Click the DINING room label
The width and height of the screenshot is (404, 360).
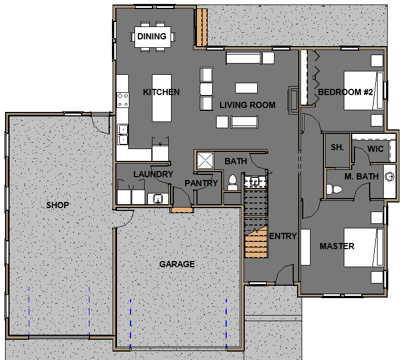pyautogui.click(x=152, y=37)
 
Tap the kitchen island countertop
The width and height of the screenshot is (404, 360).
pyautogui.click(x=162, y=98)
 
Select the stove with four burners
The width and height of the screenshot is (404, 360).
pyautogui.click(x=123, y=100)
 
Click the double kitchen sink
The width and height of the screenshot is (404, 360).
pyautogui.click(x=123, y=134)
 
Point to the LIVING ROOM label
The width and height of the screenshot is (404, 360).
pyautogui.click(x=248, y=105)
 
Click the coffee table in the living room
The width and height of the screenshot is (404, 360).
pyautogui.click(x=246, y=88)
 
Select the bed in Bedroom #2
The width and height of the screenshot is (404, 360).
pyautogui.click(x=363, y=91)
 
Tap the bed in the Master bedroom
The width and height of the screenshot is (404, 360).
pyautogui.click(x=363, y=247)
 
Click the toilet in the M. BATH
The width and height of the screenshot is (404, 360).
pyautogui.click(x=334, y=189)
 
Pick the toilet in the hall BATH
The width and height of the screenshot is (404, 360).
pyautogui.click(x=232, y=183)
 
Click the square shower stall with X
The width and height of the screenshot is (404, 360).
pyautogui.click(x=205, y=161)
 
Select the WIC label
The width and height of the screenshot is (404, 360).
pyautogui.click(x=375, y=149)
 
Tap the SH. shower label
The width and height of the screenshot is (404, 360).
pyautogui.click(x=337, y=147)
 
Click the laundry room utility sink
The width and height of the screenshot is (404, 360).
pyautogui.click(x=158, y=199)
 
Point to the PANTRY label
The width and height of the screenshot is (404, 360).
pyautogui.click(x=201, y=183)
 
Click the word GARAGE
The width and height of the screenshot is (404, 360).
pyautogui.click(x=177, y=264)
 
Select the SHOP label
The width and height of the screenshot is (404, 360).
pyautogui.click(x=57, y=205)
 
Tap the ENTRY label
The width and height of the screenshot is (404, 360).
pyautogui.click(x=283, y=236)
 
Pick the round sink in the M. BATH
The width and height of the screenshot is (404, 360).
pyautogui.click(x=389, y=177)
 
